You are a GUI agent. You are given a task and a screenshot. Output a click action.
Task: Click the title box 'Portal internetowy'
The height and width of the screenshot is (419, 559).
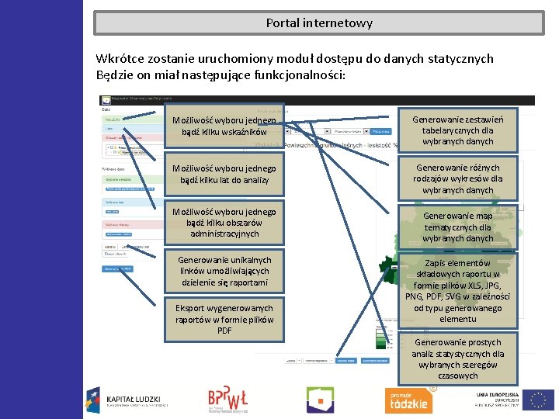[x=318, y=23]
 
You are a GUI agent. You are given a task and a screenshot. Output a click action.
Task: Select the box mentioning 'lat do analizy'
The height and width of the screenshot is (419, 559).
[x=224, y=175]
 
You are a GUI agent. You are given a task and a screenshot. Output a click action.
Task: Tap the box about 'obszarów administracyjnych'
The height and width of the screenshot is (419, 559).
[x=224, y=223]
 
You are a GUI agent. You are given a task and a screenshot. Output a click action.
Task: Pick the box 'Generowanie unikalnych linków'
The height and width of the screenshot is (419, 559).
[x=224, y=271]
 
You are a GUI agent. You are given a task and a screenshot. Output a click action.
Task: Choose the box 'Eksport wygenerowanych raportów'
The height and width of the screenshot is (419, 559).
[x=224, y=319]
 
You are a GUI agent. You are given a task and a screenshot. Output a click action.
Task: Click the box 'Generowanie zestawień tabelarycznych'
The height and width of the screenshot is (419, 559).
[x=457, y=130]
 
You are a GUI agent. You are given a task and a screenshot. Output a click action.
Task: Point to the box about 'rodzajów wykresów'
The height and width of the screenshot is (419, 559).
[x=457, y=178]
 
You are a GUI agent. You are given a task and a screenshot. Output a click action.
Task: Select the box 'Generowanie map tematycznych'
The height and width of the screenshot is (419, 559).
[x=457, y=227]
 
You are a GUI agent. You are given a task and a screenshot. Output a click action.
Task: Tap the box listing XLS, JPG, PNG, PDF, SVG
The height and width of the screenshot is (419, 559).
[x=457, y=291]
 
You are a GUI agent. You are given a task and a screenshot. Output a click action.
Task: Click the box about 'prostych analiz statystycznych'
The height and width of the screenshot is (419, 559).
[x=457, y=358]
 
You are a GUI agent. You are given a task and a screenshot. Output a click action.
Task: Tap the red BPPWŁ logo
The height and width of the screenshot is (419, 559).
[x=227, y=398]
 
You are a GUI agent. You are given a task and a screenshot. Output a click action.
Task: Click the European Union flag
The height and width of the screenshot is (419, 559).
[x=538, y=400]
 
